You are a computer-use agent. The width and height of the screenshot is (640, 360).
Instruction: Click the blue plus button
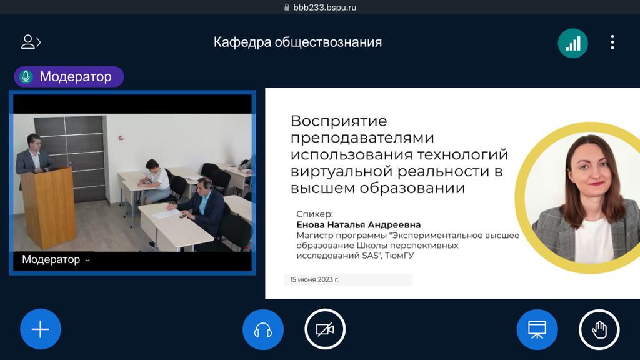pos(41,329)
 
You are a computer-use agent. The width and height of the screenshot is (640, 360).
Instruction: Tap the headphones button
pos(263,329)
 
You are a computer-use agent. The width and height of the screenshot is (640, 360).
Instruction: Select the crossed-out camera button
pos(325,329)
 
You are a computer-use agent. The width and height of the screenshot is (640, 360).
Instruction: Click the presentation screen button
pos(537,329)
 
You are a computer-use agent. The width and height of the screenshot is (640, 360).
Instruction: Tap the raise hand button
pos(599,329)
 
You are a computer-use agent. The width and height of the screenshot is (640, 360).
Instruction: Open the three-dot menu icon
pos(612,42)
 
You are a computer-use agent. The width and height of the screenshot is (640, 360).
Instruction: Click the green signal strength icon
pos(572,43)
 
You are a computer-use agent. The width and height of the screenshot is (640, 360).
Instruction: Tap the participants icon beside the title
pos(31,42)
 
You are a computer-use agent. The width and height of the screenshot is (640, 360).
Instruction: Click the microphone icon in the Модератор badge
pos(26,76)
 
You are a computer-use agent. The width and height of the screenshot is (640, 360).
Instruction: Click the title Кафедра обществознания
pos(297,42)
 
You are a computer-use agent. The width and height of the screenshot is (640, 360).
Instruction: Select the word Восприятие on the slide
pos(339,121)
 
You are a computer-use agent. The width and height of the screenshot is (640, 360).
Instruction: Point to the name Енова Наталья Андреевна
pos(358,224)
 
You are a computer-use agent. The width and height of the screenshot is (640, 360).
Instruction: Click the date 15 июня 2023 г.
pos(314,279)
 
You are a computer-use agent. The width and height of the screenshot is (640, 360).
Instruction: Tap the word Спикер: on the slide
pos(315,214)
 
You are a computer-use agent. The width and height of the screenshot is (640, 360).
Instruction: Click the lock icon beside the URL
pos(286,7)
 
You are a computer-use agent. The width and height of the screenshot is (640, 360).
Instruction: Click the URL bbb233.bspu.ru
pos(324,7)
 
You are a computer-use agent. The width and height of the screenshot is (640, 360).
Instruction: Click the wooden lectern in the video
pos(48,207)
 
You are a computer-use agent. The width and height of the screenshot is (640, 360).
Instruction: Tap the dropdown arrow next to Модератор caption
pos(87,260)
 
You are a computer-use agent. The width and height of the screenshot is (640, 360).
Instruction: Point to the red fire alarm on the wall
pos(121,137)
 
